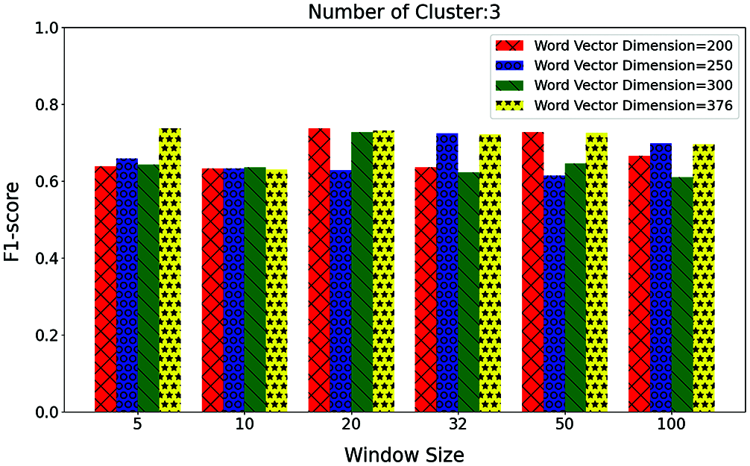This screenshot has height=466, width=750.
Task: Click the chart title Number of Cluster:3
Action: click(404, 12)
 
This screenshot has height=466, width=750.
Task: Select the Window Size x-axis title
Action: click(404, 454)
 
